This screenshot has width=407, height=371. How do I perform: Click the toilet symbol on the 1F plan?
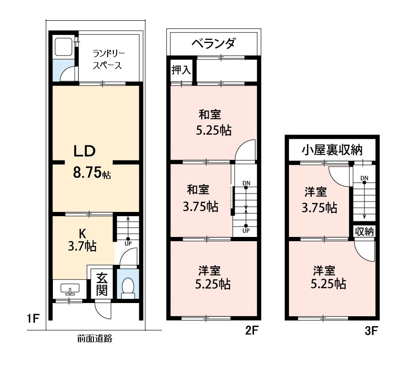point(128,288)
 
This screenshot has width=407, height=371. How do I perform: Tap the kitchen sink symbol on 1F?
point(70,289)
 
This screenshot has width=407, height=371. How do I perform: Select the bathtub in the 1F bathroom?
point(64,47)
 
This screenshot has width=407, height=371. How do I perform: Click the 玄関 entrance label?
point(102,285)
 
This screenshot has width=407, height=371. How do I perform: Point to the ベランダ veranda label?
point(213,43)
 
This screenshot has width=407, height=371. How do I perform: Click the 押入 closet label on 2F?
point(181,70)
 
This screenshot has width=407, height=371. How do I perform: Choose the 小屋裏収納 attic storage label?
point(332,150)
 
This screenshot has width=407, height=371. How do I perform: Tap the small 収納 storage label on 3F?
point(364,231)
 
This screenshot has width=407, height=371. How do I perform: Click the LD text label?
point(85,151)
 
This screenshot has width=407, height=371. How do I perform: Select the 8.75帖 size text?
point(92,172)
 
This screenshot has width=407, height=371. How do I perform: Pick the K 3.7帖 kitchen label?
point(82,240)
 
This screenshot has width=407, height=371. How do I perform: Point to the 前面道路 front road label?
point(95,338)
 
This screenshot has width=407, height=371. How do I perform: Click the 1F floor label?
point(33,318)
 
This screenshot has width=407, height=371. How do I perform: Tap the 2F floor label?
point(252,330)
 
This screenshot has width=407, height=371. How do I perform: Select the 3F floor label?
point(371,331)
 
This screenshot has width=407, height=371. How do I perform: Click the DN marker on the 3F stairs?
point(364,178)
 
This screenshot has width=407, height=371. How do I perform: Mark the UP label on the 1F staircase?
point(128,244)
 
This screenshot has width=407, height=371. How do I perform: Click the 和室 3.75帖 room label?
point(200,198)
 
